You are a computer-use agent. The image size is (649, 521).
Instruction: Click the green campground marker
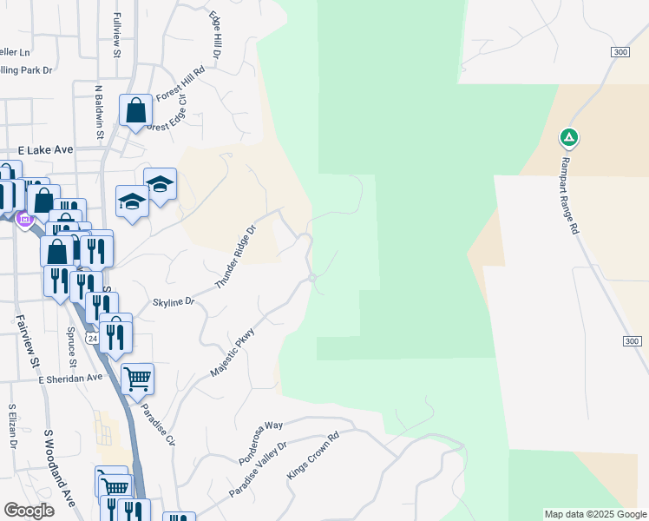(x=568, y=137)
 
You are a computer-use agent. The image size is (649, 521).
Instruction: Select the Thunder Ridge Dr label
(x=237, y=258)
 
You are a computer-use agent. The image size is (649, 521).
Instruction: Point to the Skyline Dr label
(x=174, y=302)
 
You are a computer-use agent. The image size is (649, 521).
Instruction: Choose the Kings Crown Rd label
(x=312, y=454)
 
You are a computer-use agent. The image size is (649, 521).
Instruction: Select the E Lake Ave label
(x=50, y=150)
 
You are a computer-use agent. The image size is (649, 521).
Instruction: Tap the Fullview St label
(x=116, y=35)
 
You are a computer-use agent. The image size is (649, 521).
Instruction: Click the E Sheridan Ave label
(x=70, y=379)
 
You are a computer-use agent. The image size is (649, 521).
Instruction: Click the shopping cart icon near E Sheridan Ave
(x=137, y=379)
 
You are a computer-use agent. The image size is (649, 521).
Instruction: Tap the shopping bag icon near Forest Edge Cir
(x=136, y=110)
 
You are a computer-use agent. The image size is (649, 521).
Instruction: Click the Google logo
(x=29, y=511)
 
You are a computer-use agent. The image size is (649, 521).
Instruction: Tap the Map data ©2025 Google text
(x=595, y=514)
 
